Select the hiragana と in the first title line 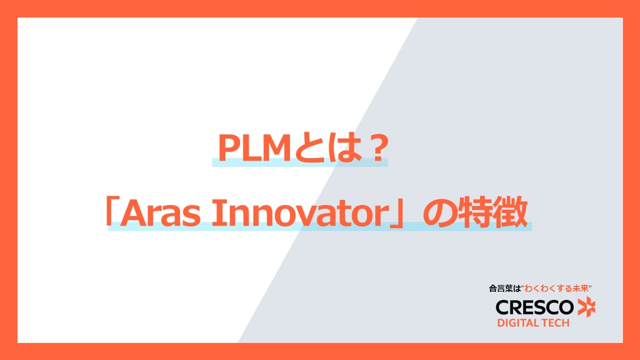click(x=307, y=148)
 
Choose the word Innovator click(x=299, y=213)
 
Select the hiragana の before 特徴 click(x=438, y=213)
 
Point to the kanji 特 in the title click(x=474, y=212)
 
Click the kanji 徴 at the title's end click(x=510, y=212)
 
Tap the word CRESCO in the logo click(x=535, y=307)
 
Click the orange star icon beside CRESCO click(x=586, y=307)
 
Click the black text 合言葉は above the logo click(x=505, y=289)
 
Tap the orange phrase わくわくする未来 click(x=557, y=289)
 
